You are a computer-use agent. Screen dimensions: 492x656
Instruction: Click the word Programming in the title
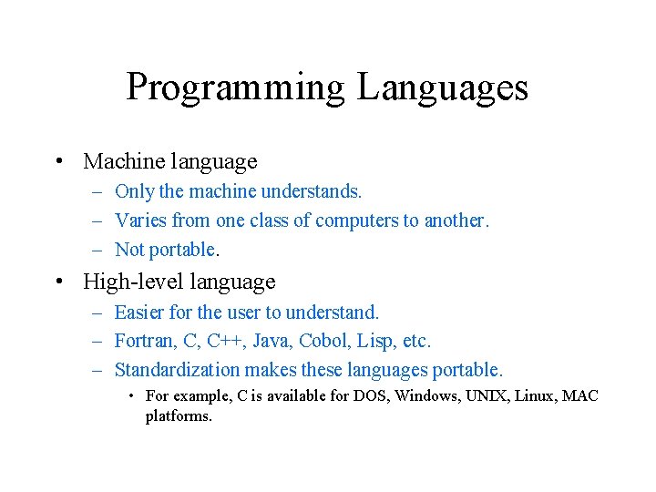point(235,88)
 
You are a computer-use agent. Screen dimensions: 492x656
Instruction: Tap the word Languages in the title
point(442,88)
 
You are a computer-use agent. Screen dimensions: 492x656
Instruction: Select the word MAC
point(580,396)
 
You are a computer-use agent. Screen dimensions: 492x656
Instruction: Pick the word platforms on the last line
point(178,416)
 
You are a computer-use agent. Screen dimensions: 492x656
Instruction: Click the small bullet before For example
point(132,396)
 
